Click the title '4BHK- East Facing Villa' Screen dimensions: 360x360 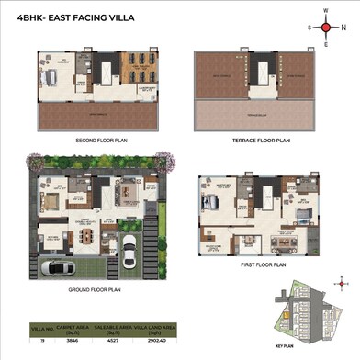click(x=61, y=27)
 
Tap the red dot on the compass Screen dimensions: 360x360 click(x=325, y=27)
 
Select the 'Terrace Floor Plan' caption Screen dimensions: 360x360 click(x=257, y=141)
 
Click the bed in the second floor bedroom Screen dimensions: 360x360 click(x=53, y=73)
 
